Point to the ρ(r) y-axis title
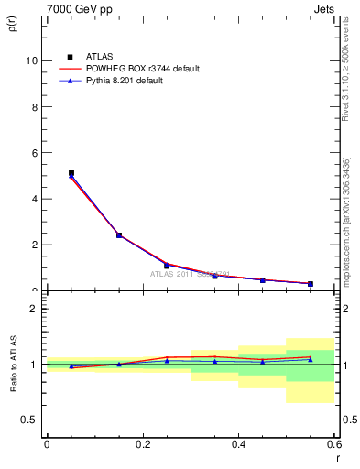[x=12, y=25]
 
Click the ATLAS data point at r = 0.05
[x=71, y=172]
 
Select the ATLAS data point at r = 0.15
[x=119, y=234]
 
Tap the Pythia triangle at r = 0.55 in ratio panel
[x=311, y=359]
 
